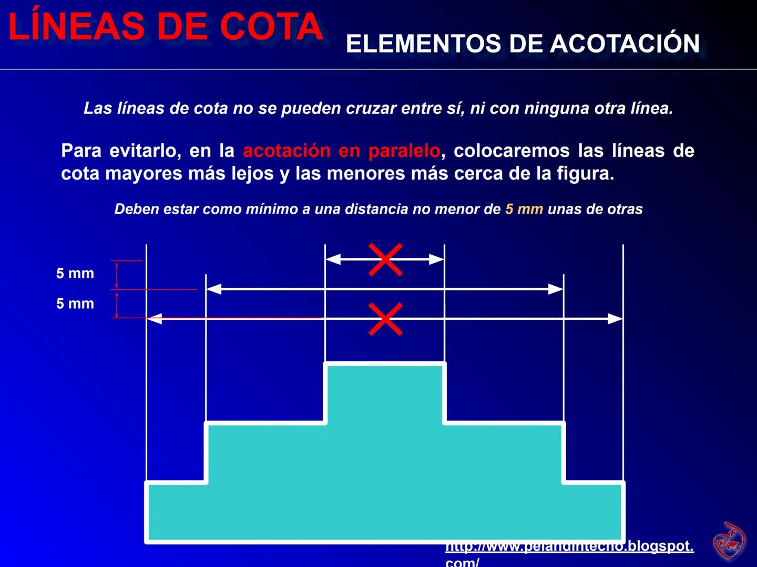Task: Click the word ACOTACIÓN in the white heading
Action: pyautogui.click(x=625, y=44)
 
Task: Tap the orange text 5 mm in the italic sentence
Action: pyautogui.click(x=524, y=209)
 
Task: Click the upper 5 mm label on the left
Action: pyautogui.click(x=75, y=274)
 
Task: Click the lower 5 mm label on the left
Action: pyautogui.click(x=75, y=303)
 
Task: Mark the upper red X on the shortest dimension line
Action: pyautogui.click(x=385, y=259)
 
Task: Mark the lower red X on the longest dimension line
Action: pyautogui.click(x=385, y=319)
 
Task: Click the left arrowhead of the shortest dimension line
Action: pyautogui.click(x=333, y=259)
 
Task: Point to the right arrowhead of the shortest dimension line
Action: pyautogui.click(x=437, y=259)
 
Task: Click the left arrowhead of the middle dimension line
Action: pyautogui.click(x=213, y=289)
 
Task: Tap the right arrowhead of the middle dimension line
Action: pyautogui.click(x=556, y=289)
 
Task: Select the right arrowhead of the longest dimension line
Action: pyautogui.click(x=615, y=319)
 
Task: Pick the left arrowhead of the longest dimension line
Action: pyautogui.click(x=154, y=318)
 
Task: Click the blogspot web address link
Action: pyautogui.click(x=569, y=547)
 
